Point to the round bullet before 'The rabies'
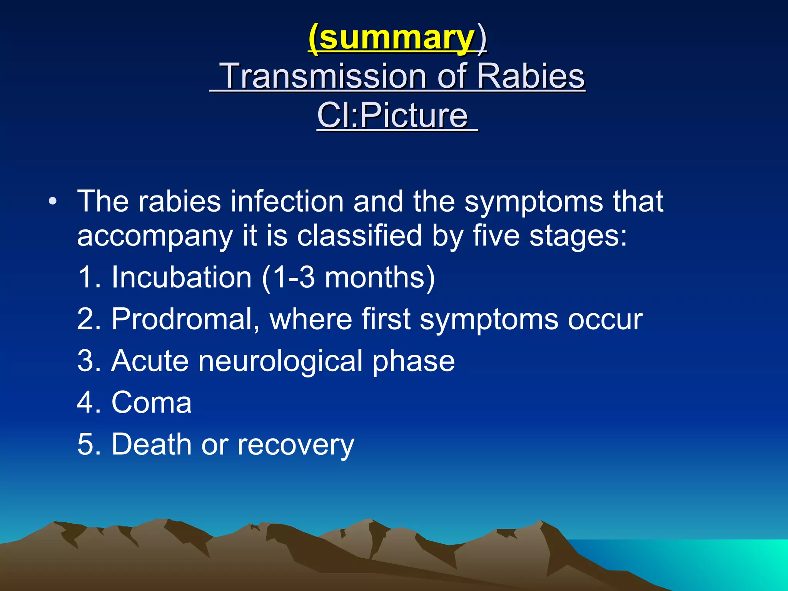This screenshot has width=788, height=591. click(x=53, y=201)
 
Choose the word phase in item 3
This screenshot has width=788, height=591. click(x=413, y=361)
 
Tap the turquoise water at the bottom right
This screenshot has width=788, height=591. click(x=712, y=558)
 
